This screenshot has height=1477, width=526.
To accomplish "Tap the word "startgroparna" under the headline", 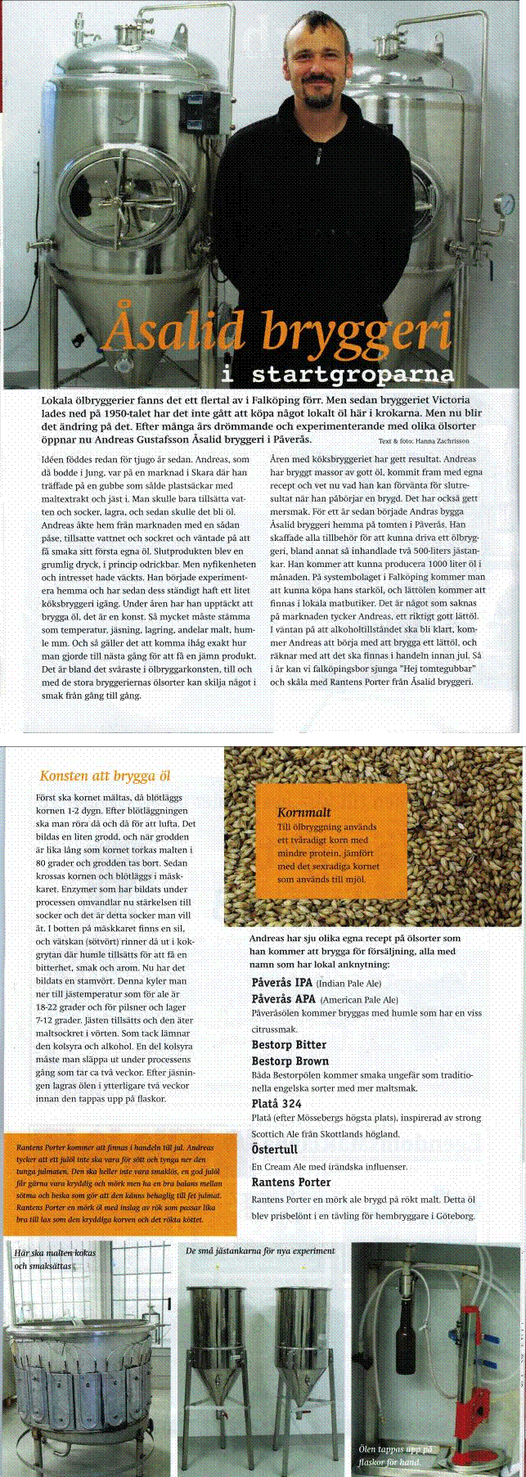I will tap(353, 376).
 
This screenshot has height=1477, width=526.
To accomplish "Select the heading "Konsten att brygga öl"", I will tap(105, 776).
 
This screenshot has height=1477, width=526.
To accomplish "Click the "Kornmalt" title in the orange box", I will tap(304, 812).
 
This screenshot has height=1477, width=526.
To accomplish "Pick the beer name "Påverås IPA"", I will tap(281, 983).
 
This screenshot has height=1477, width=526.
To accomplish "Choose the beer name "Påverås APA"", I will tap(283, 999).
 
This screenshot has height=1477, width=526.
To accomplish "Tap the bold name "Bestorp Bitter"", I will tap(289, 1045).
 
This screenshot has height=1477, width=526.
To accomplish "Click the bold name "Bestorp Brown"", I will tap(290, 1061).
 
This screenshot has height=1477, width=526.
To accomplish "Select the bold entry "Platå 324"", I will tap(276, 1104).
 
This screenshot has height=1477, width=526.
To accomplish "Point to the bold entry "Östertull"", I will tap(274, 1150).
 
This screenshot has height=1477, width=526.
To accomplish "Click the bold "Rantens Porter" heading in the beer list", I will tap(291, 1182).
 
